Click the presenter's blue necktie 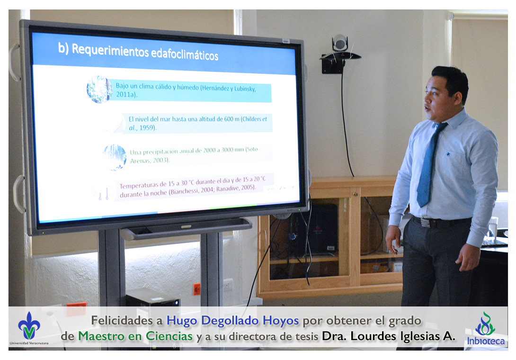pos(429,165)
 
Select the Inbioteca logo pos(486,328)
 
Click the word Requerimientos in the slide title pos(110,51)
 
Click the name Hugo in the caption pos(182,321)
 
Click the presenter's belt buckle pos(426,223)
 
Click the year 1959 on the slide pos(147,127)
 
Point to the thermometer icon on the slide pos(103,194)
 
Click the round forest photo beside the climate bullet pos(99,89)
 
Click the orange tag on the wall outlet pos(197,289)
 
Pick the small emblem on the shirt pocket pos(448,153)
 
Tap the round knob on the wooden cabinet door pos(356,194)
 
